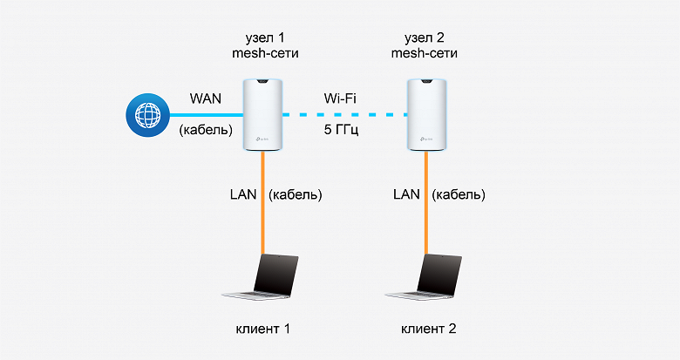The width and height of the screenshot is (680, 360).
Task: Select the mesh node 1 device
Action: (x=263, y=112)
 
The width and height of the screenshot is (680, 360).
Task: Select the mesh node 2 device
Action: (x=427, y=112)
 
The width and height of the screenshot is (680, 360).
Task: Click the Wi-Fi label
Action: (x=341, y=97)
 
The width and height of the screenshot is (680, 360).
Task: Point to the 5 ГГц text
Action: (x=341, y=132)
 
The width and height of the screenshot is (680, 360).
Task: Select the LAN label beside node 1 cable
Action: (x=237, y=194)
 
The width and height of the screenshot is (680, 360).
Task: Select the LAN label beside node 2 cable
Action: (x=401, y=194)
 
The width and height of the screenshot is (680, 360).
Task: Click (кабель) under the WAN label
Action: (x=207, y=132)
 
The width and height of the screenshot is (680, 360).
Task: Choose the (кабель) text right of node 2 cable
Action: (x=459, y=194)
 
